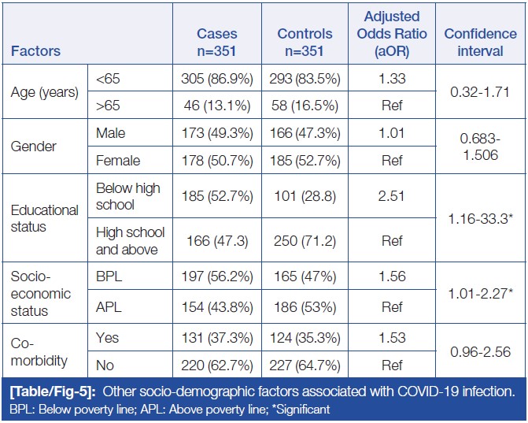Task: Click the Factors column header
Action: pos(35,51)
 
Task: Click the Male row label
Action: pos(111,133)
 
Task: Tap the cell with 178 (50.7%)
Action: pos(217,161)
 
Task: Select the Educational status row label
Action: pos(44,218)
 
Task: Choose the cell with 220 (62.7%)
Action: pos(217,365)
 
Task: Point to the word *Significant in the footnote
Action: pos(297,409)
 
